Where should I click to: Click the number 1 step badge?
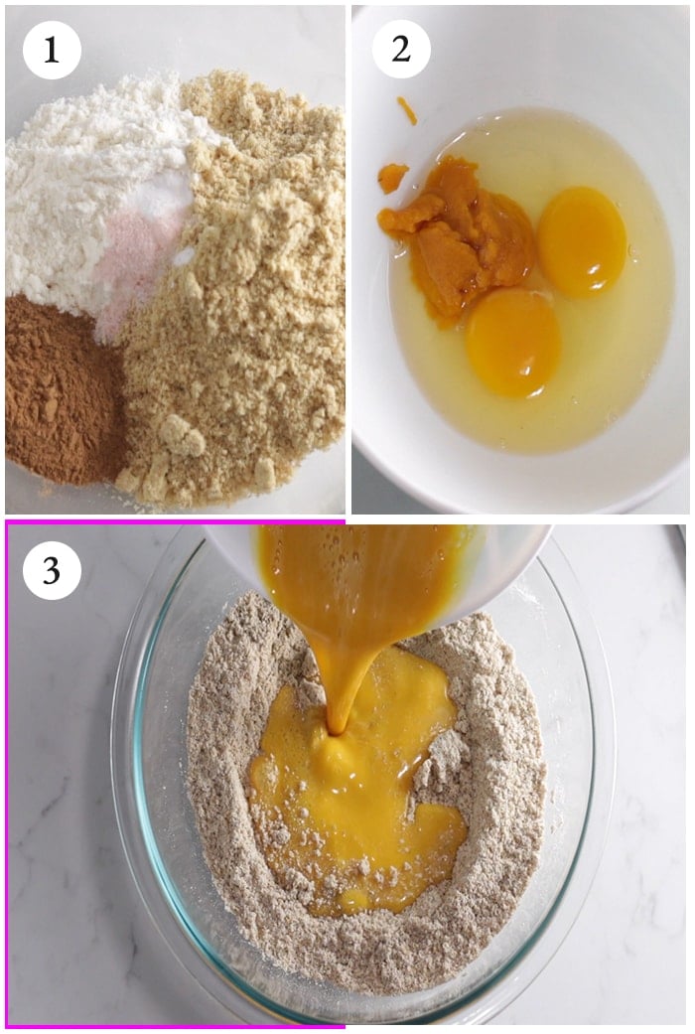click(52, 51)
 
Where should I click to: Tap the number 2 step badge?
click(401, 49)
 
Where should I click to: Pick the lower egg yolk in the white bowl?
click(513, 343)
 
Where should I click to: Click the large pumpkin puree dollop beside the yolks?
click(462, 237)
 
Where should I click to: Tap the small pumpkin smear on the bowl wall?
click(392, 178)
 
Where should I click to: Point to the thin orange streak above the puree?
click(407, 110)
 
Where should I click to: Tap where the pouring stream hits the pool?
click(337, 731)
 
